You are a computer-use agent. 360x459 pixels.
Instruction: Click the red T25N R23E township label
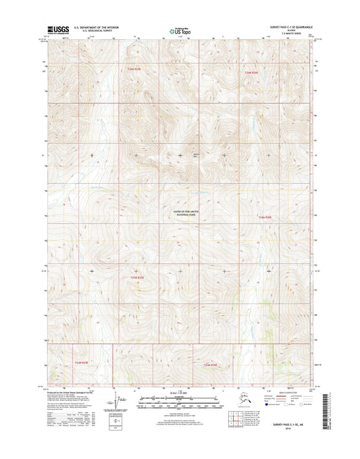(x=138, y=277)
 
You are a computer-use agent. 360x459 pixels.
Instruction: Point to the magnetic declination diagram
(x=122, y=404)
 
